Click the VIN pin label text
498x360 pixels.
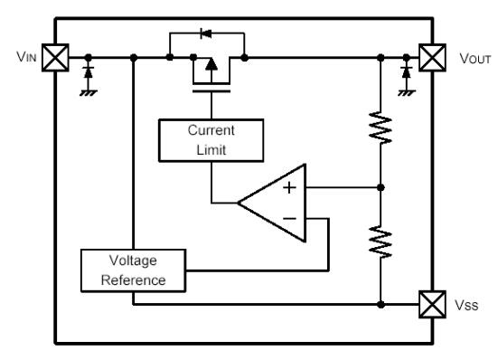pyautogui.click(x=24, y=58)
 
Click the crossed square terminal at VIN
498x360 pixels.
pyautogui.click(x=56, y=59)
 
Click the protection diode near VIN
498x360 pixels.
pyautogui.click(x=87, y=70)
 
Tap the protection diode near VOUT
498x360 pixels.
pyautogui.click(x=407, y=70)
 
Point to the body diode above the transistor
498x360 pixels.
pyautogui.click(x=207, y=33)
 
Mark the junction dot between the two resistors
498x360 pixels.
pyautogui.click(x=381, y=188)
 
